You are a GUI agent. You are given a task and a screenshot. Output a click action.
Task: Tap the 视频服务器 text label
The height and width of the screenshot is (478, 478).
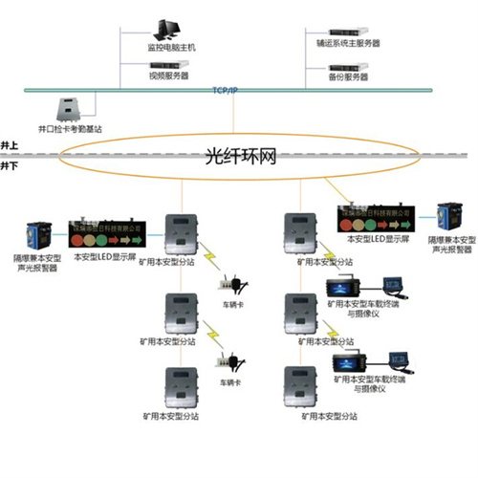point(169,75)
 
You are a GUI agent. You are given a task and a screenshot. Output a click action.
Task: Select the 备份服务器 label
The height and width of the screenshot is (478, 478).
point(348,76)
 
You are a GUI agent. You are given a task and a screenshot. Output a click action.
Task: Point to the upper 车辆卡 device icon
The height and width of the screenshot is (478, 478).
point(230,284)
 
